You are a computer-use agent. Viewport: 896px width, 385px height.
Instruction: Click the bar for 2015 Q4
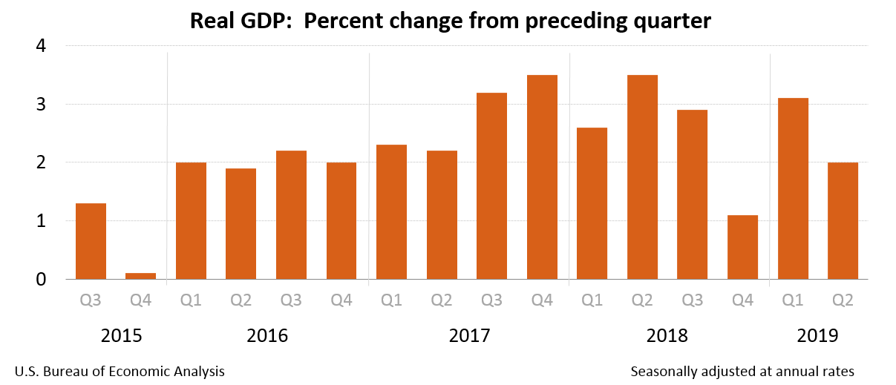[141, 276]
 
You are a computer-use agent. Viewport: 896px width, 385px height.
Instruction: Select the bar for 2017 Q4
[542, 177]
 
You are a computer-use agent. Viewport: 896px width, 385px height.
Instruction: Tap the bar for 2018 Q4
[742, 247]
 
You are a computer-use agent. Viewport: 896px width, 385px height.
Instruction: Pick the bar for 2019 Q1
[793, 188]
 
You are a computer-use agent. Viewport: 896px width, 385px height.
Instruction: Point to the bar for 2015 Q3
[91, 241]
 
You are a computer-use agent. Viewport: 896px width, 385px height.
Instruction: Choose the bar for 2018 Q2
[642, 177]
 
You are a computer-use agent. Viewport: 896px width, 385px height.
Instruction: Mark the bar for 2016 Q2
[241, 224]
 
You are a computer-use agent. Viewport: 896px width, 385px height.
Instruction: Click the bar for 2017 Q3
[491, 186]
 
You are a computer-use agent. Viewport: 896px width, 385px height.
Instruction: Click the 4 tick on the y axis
[41, 46]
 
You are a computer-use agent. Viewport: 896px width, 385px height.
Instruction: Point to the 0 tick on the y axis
[41, 280]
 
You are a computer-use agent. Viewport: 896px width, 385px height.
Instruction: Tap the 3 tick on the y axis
[41, 105]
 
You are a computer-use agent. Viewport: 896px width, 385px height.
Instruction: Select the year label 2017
[469, 336]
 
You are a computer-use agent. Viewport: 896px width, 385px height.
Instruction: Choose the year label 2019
[817, 336]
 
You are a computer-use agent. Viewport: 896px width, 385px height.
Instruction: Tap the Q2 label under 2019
[843, 300]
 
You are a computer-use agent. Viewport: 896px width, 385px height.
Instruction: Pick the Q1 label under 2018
[592, 300]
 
